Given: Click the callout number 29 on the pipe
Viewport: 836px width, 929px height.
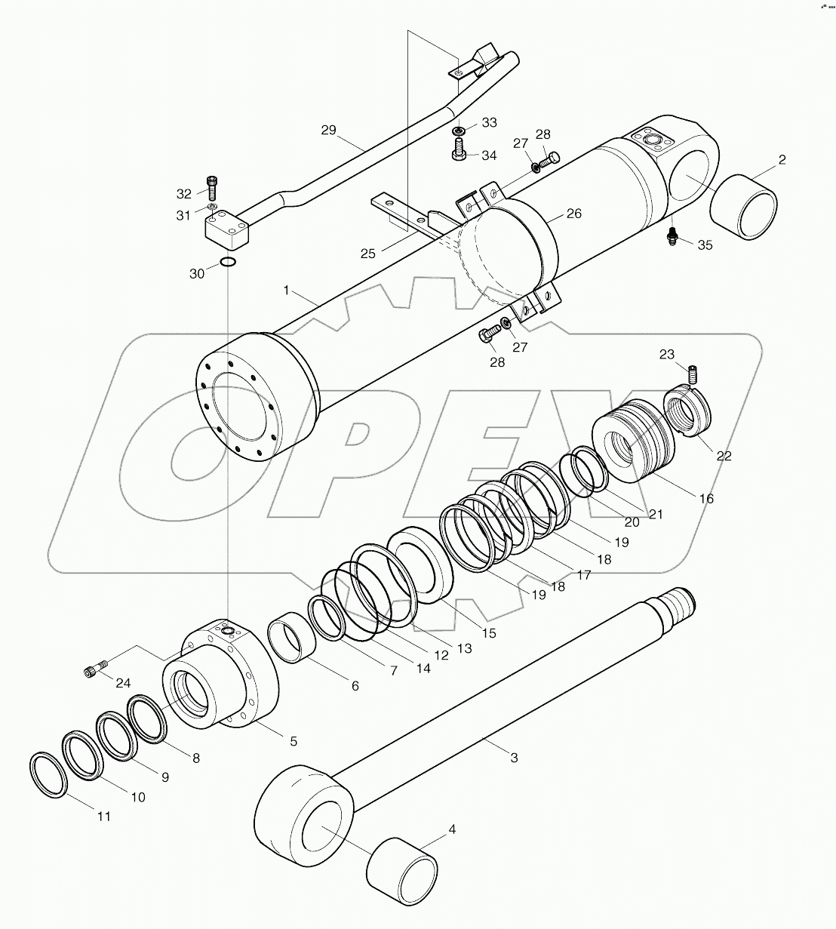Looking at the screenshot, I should click(328, 131).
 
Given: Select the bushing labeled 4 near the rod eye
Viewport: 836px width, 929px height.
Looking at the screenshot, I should click(402, 872).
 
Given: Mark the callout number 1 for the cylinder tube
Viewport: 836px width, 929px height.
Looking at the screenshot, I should click(286, 290).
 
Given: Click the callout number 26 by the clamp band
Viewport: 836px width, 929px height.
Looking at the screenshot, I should click(574, 214).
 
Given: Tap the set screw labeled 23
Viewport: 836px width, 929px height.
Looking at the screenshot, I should click(693, 373).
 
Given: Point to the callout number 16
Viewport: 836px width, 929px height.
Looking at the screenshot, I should click(706, 498).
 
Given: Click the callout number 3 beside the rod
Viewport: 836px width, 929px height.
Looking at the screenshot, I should click(514, 757).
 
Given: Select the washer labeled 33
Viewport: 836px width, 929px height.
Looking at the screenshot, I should click(458, 132).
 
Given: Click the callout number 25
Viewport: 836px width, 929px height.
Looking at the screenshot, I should click(367, 254).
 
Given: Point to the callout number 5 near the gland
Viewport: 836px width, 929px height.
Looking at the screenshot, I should click(293, 741).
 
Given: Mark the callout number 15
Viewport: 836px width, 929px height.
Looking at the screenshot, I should click(489, 632).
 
